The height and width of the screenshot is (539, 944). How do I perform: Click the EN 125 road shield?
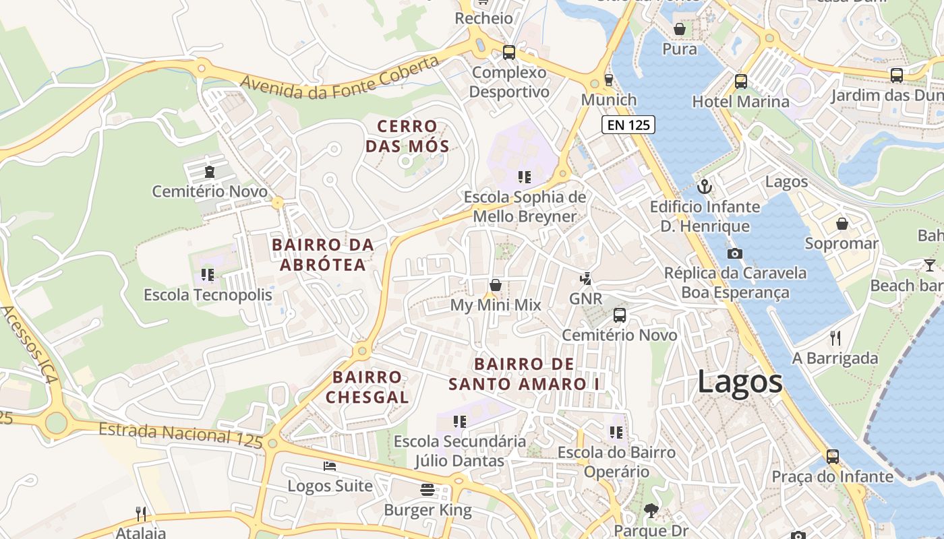(628, 125)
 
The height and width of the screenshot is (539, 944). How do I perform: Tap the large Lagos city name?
(740, 382)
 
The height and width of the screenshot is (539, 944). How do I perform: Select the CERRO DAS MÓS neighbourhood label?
(407, 136)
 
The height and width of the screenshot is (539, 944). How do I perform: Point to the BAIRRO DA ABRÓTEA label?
(323, 255)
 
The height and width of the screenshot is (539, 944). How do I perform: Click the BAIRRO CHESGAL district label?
(367, 387)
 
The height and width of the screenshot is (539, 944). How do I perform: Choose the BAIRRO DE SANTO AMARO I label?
(525, 374)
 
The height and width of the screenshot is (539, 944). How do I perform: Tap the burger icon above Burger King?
(427, 489)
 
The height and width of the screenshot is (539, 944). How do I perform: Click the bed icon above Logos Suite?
(330, 466)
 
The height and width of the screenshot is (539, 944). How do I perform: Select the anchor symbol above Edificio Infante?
(705, 186)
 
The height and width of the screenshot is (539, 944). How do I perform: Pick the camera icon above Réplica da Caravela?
(735, 253)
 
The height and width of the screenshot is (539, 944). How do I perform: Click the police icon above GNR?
(585, 278)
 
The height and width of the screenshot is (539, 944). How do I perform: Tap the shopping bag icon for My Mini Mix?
(496, 285)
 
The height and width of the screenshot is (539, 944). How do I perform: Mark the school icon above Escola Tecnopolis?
(208, 275)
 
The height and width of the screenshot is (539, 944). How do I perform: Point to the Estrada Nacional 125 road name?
(180, 435)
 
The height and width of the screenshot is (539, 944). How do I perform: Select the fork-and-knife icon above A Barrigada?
(835, 338)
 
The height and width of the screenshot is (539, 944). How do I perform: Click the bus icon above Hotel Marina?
(741, 82)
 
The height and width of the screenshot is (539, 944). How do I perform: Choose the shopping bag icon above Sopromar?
(842, 224)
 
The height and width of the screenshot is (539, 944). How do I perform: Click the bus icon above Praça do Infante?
(833, 456)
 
